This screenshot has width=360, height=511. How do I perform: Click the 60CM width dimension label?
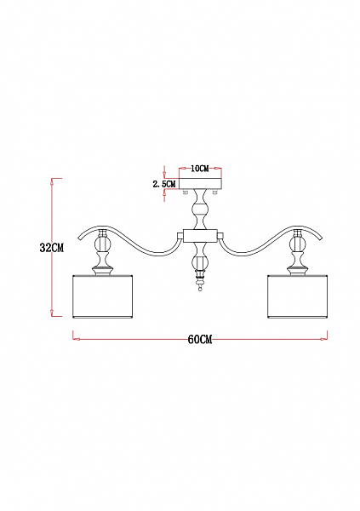click(200, 340)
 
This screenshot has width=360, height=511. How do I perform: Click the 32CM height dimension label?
click(52, 248)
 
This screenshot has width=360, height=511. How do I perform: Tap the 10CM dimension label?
click(200, 169)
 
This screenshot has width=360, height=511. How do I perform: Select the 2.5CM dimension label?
click(164, 184)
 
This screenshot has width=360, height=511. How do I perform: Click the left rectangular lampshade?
click(102, 296)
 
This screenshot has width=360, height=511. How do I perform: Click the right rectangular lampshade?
click(298, 296)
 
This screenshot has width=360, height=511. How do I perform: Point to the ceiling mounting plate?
click(200, 183)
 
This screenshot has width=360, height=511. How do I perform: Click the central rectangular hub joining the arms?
click(200, 236)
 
